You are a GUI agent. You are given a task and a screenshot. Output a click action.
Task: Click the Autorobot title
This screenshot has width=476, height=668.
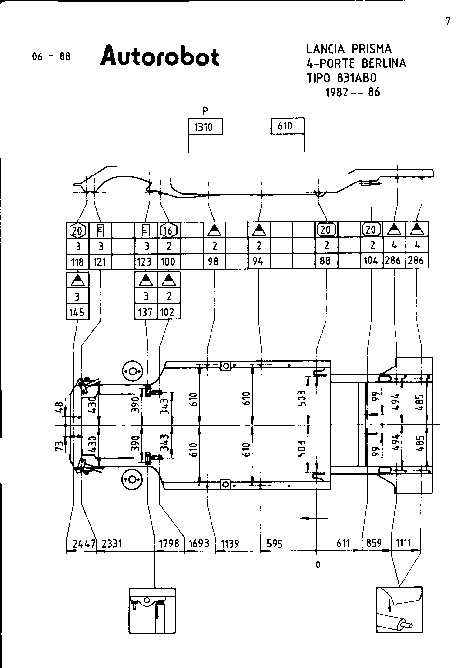(160, 56)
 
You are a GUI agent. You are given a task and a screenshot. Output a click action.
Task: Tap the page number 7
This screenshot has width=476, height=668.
(448, 22)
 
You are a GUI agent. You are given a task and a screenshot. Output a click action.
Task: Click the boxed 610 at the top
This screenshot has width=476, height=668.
(285, 126)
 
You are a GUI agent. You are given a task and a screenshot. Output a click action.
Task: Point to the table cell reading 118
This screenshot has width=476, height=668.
(77, 262)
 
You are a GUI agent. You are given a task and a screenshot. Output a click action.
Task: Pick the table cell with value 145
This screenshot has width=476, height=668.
(77, 312)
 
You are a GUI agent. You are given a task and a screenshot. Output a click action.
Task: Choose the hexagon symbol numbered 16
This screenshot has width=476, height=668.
(168, 230)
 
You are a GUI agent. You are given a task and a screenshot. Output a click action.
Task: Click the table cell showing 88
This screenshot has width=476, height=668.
(326, 261)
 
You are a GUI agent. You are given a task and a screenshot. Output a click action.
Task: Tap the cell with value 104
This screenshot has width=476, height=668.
(371, 261)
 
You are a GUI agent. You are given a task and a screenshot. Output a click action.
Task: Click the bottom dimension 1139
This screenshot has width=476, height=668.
(230, 544)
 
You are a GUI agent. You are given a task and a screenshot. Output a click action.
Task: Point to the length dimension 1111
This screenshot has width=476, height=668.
(403, 543)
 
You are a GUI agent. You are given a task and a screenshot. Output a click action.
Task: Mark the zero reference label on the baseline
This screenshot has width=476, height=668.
(318, 565)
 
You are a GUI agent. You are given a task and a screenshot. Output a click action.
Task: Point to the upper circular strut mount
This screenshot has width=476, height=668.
(132, 371)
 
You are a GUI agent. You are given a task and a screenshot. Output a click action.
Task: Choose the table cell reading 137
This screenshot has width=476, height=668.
(145, 312)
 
